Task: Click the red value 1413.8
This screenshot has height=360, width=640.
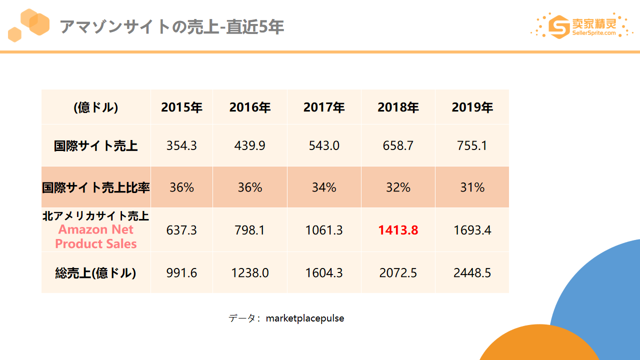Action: (x=398, y=230)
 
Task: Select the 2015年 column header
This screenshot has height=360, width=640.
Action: (x=181, y=107)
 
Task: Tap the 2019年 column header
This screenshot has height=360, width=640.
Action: (x=472, y=107)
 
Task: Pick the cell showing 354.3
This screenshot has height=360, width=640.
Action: (x=181, y=145)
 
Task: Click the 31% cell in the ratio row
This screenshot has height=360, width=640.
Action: (x=472, y=187)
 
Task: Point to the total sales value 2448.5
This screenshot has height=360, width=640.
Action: (x=472, y=273)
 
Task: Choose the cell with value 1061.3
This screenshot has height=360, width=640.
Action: (x=324, y=230)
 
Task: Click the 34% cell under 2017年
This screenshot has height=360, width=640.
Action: (x=324, y=187)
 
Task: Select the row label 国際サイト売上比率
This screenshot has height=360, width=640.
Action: (x=96, y=187)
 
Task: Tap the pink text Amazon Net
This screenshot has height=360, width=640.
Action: (x=96, y=229)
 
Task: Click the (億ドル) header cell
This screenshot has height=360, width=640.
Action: (x=96, y=107)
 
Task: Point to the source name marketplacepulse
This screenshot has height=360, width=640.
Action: (x=305, y=318)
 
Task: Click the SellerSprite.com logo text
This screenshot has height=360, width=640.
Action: (x=594, y=33)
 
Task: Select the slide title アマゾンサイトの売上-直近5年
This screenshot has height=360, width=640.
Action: (x=171, y=27)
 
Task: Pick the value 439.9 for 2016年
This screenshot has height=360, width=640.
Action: (x=249, y=145)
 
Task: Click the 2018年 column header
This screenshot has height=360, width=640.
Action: (x=398, y=107)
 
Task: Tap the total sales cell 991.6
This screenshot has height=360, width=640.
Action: (x=181, y=273)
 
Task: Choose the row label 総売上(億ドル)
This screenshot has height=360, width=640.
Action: (x=95, y=273)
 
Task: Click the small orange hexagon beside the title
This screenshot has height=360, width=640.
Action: (x=14, y=34)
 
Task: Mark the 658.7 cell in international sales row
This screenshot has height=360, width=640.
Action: (x=398, y=145)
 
